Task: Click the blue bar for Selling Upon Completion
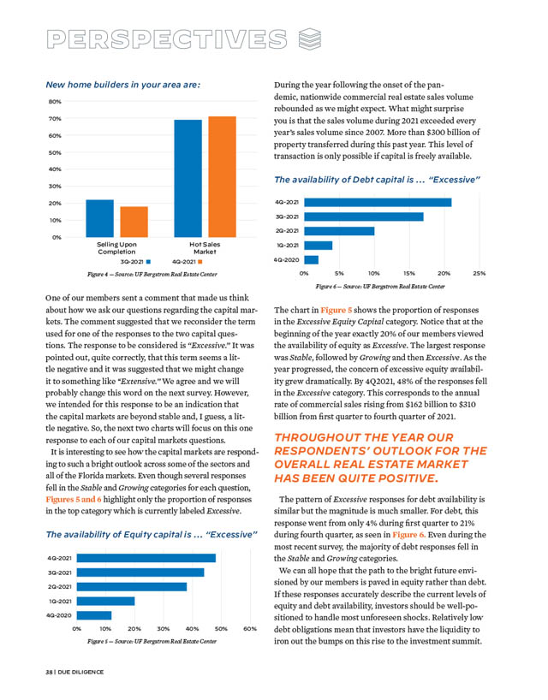click(100, 218)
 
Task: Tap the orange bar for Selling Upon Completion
click(133, 222)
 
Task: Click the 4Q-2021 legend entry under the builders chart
click(188, 261)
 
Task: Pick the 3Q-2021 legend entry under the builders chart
click(137, 261)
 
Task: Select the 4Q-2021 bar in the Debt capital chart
click(378, 202)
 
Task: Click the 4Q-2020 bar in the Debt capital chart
click(311, 260)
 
